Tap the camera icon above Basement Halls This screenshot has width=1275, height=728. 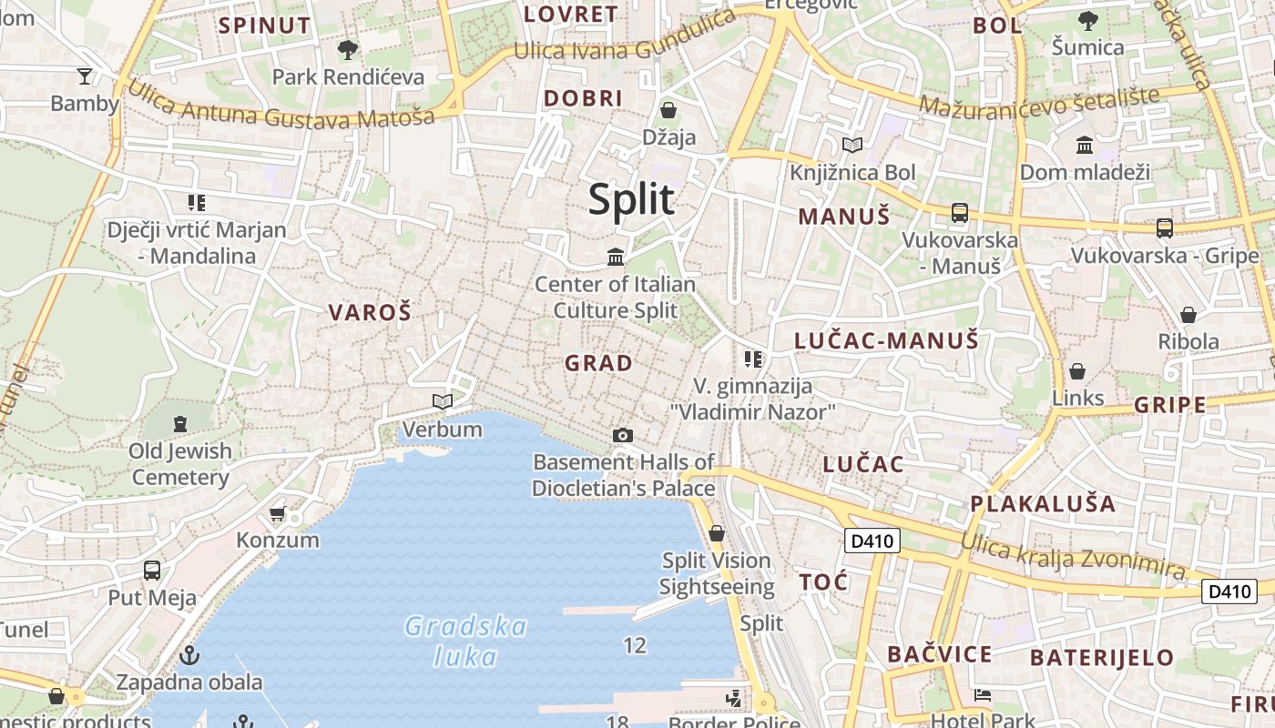pyautogui.click(x=623, y=435)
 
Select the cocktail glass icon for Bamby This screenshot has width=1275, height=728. pyautogui.click(x=85, y=76)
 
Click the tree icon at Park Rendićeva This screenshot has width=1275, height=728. pyautogui.click(x=347, y=49)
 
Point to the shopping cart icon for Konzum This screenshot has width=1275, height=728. pyautogui.click(x=278, y=514)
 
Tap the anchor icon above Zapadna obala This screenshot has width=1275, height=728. pyautogui.click(x=189, y=654)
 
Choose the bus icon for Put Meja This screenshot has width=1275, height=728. pyautogui.click(x=152, y=571)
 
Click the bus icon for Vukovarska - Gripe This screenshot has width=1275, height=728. pyautogui.click(x=1164, y=227)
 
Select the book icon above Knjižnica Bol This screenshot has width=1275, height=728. pyautogui.click(x=852, y=145)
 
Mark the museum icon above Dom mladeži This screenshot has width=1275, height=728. pyautogui.click(x=1085, y=145)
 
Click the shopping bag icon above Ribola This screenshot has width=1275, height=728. pyautogui.click(x=1188, y=315)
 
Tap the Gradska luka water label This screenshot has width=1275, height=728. pyautogui.click(x=465, y=641)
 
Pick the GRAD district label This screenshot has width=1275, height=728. pyautogui.click(x=598, y=363)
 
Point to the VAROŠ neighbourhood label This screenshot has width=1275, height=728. pyautogui.click(x=370, y=313)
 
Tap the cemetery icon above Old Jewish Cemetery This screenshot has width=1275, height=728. pyautogui.click(x=180, y=423)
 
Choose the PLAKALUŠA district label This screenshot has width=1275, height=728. pyautogui.click(x=1042, y=503)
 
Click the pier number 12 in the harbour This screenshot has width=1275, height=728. pyautogui.click(x=635, y=646)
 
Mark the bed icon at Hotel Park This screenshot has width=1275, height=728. pyautogui.click(x=982, y=696)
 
